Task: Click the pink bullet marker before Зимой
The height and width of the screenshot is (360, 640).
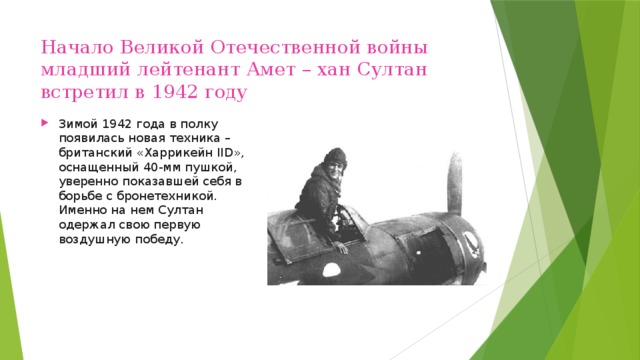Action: (47, 124)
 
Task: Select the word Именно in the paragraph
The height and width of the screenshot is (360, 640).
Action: (81, 211)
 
